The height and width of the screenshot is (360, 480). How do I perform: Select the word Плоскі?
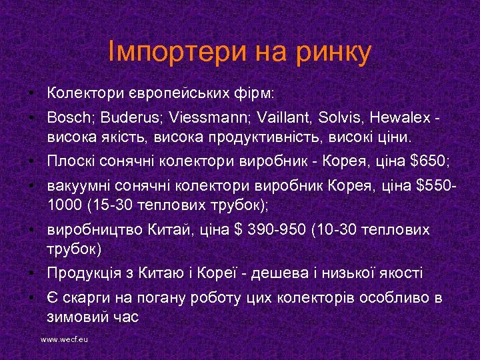pos(71,161)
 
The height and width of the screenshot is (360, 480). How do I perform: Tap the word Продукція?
pos(83,273)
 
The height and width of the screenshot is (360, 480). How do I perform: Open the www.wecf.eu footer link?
pos(65,339)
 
